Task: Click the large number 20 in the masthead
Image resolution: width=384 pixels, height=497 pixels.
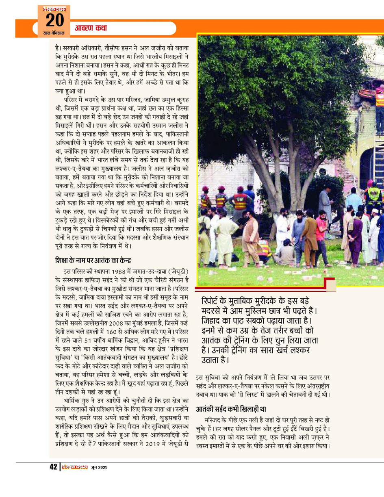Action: point(54,20)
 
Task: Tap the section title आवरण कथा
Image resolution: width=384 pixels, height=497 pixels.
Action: point(91,28)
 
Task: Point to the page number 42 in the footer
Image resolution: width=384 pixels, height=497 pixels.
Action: point(53,467)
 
